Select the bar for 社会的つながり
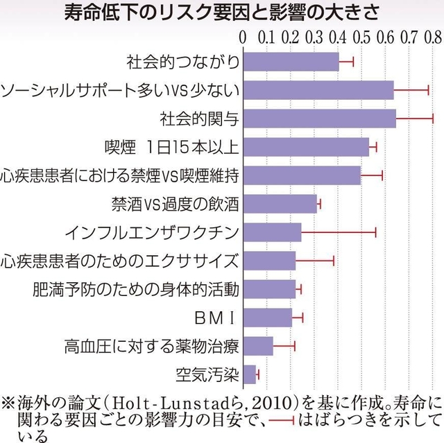tap(291, 62)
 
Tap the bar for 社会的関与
tap(319, 119)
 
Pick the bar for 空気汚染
tap(249, 374)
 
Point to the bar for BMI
tap(267, 318)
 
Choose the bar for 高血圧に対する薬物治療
tap(257, 346)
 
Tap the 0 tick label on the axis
tap(242, 33)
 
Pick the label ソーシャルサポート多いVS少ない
tap(120, 90)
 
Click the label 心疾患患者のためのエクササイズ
tap(120, 261)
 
